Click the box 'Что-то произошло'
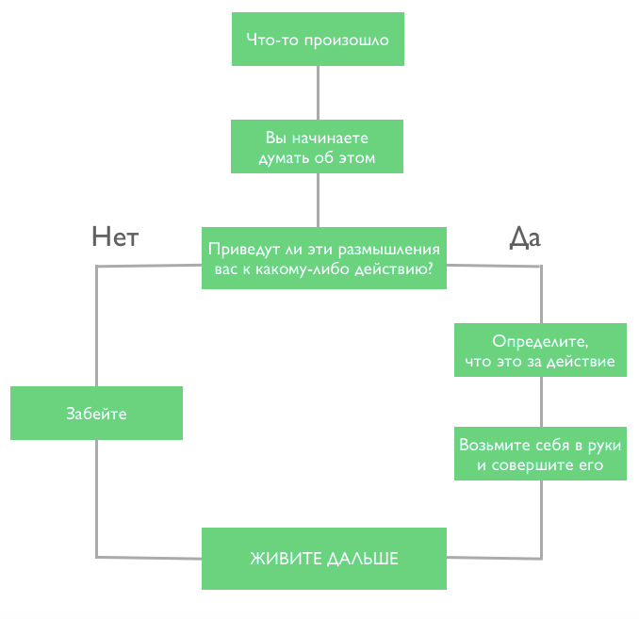pyautogui.click(x=318, y=40)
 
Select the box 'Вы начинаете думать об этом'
pyautogui.click(x=317, y=147)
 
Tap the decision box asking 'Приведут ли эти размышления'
pyautogui.click(x=324, y=258)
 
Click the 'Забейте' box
pyautogui.click(x=96, y=414)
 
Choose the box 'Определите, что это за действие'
pyautogui.click(x=540, y=350)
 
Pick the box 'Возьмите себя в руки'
pyautogui.click(x=540, y=454)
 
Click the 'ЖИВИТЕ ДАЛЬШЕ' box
pyautogui.click(x=324, y=559)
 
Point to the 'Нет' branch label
pyautogui.click(x=115, y=236)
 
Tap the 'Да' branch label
pyautogui.click(x=525, y=238)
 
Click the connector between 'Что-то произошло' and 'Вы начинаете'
pyautogui.click(x=318, y=93)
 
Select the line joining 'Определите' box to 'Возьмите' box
pyautogui.click(x=541, y=401)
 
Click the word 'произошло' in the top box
pyautogui.click(x=347, y=41)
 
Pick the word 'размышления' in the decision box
pyautogui.click(x=389, y=250)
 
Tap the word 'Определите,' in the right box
pyautogui.click(x=540, y=341)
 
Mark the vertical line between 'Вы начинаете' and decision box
pyautogui.click(x=318, y=201)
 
